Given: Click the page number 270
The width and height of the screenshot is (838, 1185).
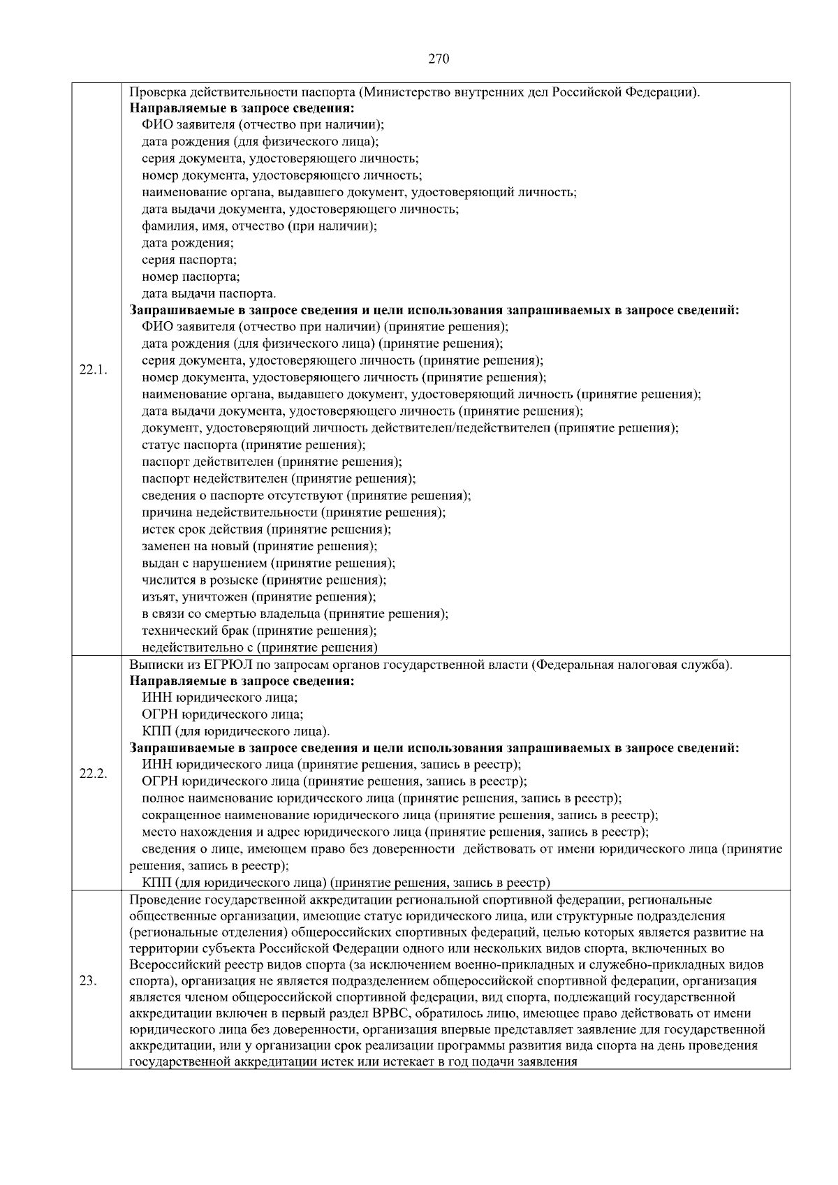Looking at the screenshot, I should coord(438,59).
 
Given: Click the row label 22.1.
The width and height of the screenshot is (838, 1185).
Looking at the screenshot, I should coord(93,369).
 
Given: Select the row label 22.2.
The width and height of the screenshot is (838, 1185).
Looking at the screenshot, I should coord(93,774).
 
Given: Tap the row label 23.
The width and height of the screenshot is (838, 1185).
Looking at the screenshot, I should coord(88,980).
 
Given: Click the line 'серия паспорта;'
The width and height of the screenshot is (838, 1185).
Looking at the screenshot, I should coord(189,260).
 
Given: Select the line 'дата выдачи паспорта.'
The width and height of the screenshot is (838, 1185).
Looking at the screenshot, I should coord(209,293).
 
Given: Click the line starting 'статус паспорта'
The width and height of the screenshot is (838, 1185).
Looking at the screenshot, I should coord(253,445).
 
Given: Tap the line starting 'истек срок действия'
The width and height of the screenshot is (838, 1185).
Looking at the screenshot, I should coord(266,529).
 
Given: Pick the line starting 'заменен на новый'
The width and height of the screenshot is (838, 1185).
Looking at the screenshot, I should coord(259,546).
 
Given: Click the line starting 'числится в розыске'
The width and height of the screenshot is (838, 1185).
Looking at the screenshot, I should coord(264,580).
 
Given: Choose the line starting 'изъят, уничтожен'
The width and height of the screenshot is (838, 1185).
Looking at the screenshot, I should coord(258,597).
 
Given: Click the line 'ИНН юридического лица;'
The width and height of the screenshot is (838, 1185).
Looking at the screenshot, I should coord(219,698).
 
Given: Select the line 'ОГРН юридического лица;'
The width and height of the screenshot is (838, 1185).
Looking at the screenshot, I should coord(222,714).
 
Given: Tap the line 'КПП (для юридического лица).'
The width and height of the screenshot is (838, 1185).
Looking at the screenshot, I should coord(235,731).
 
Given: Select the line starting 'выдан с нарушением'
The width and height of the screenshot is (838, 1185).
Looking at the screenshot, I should coord(268,563).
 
